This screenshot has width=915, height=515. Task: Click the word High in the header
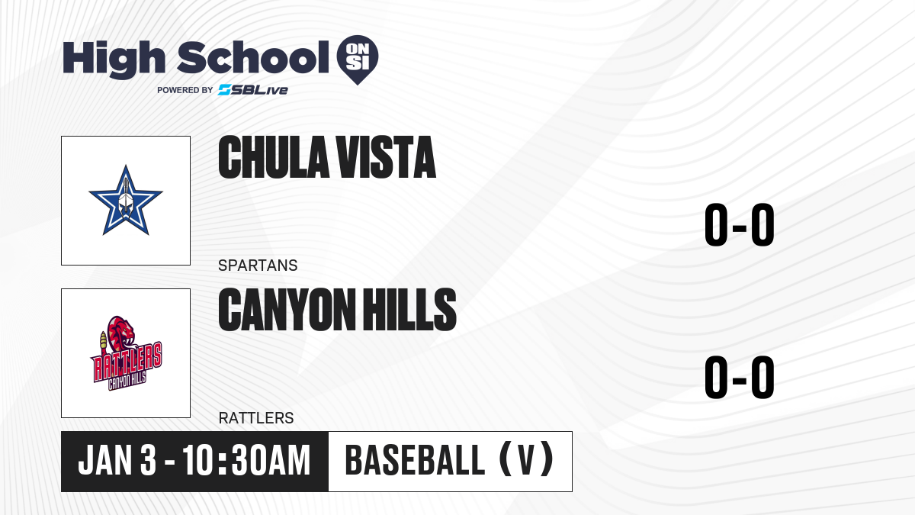click(114, 60)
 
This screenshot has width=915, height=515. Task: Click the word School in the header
click(253, 57)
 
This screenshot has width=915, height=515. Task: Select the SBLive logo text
click(253, 90)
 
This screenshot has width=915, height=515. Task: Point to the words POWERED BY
click(185, 90)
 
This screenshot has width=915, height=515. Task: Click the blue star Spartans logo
click(126, 200)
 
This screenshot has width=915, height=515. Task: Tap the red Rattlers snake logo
click(127, 353)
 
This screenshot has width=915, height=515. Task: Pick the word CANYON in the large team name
click(287, 310)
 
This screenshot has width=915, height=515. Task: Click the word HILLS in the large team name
click(409, 310)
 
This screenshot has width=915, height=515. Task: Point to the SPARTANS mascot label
click(258, 266)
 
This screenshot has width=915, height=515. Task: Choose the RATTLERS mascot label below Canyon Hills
click(256, 418)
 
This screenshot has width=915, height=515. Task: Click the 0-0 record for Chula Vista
click(740, 225)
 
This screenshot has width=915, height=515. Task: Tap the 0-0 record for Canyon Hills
click(740, 377)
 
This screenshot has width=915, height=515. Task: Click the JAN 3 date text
click(117, 460)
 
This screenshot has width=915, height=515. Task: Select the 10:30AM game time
click(246, 460)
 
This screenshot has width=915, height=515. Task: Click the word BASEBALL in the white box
click(415, 460)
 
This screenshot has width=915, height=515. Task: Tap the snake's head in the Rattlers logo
click(122, 327)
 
